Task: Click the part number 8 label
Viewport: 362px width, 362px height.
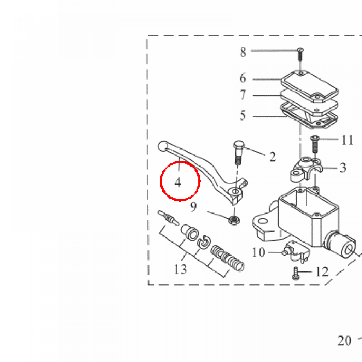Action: (x=243, y=52)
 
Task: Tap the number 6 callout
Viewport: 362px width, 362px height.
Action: (x=243, y=78)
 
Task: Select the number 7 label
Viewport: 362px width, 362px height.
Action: (x=243, y=95)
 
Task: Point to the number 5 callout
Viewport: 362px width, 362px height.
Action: (x=243, y=115)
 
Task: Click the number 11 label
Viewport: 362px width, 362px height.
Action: (x=347, y=140)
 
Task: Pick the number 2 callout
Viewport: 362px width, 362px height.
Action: (x=273, y=157)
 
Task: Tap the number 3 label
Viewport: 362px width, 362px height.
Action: (x=343, y=168)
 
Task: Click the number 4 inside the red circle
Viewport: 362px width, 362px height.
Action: (x=178, y=182)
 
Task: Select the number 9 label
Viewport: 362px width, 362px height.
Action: (x=193, y=206)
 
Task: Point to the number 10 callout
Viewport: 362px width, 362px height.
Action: (x=258, y=252)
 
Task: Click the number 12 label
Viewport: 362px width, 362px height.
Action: (x=322, y=272)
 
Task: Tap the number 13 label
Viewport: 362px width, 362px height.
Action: (x=180, y=269)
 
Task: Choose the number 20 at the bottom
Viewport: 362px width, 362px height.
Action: (x=345, y=340)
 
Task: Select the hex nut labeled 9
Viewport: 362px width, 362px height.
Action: (x=234, y=220)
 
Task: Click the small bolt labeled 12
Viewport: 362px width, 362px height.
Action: (x=296, y=273)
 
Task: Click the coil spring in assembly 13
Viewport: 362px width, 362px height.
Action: (x=227, y=258)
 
